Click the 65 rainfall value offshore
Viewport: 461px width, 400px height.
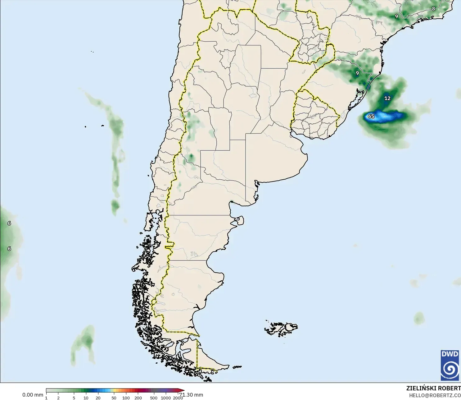click(x=371, y=117)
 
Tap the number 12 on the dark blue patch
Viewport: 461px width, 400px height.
click(x=387, y=98)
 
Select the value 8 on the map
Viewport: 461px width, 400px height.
click(x=434, y=9)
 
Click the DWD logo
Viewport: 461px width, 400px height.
click(x=450, y=365)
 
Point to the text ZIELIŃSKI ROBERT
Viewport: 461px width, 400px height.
click(x=433, y=388)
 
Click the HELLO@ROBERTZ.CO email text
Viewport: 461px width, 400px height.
click(x=435, y=395)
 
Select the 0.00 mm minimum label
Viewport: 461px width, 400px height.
click(x=33, y=395)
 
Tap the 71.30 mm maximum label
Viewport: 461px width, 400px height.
click(x=191, y=395)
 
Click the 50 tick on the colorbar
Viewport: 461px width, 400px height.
click(x=114, y=398)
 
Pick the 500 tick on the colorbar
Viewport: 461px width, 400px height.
click(x=154, y=398)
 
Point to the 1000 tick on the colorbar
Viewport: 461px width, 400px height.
click(x=166, y=398)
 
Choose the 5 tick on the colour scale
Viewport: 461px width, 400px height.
click(x=74, y=398)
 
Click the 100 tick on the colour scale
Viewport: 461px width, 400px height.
click(x=126, y=398)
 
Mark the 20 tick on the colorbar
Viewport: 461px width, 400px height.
click(x=98, y=398)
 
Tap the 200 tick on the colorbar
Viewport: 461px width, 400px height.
click(x=138, y=398)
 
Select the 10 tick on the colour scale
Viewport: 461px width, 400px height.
click(x=86, y=398)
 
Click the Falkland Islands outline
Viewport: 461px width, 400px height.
click(x=281, y=329)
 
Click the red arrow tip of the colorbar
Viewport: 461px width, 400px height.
click(x=183, y=390)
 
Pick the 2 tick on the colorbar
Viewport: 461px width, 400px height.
click(x=58, y=398)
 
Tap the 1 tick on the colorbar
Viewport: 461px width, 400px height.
click(x=46, y=398)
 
